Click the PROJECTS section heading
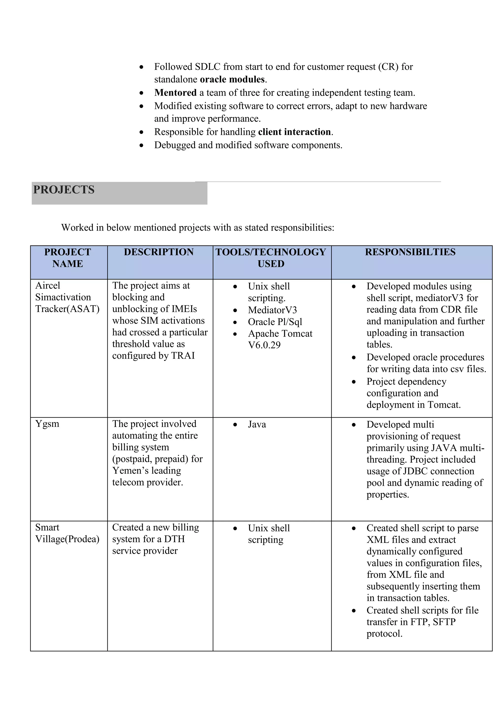64,190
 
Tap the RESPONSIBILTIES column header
410,252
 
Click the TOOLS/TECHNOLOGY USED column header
271,258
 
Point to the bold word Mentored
175,93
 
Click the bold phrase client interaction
294,132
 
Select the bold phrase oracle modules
232,80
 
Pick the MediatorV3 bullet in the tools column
272,310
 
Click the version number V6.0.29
264,345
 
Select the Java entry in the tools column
257,424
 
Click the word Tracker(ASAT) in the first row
67,309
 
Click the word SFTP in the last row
444,622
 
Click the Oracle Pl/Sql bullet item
275,322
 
